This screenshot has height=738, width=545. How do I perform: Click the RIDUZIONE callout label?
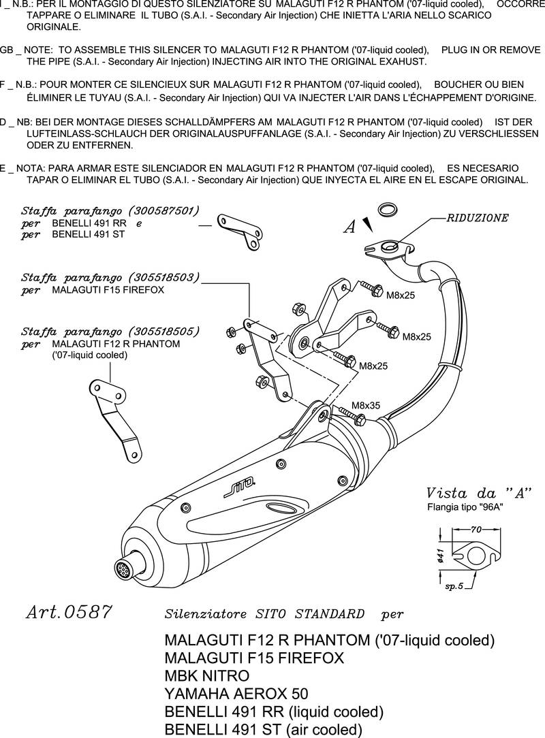pos(477,219)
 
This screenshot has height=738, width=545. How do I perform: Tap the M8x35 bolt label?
pos(366,405)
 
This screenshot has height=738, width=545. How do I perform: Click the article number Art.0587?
pos(68,612)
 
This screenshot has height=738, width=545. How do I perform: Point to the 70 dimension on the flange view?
pos(476,528)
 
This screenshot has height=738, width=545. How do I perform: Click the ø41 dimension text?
pos(441,556)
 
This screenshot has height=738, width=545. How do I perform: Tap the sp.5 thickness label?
pos(454,585)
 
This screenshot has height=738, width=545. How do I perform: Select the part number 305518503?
pos(164,278)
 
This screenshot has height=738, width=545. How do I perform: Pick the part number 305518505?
pos(164,332)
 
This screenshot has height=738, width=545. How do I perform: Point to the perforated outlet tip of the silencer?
pos(124,566)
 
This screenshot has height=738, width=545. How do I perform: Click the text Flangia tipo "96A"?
pos(465,507)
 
